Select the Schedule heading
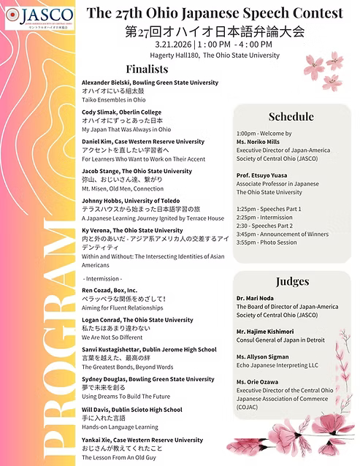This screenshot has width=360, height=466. (291, 116)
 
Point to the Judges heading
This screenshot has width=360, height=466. (292, 281)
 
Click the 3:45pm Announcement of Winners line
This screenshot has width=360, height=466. (282, 234)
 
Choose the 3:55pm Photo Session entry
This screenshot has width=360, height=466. (269, 242)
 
